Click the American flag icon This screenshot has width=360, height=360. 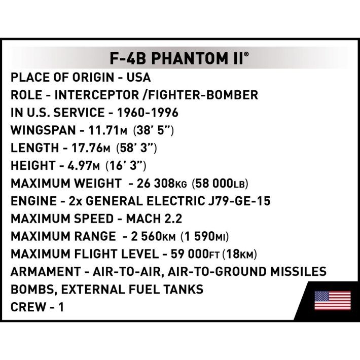332,301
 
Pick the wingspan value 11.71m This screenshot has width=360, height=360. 108,130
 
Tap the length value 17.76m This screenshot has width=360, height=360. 91,148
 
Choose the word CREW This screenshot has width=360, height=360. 28,307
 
